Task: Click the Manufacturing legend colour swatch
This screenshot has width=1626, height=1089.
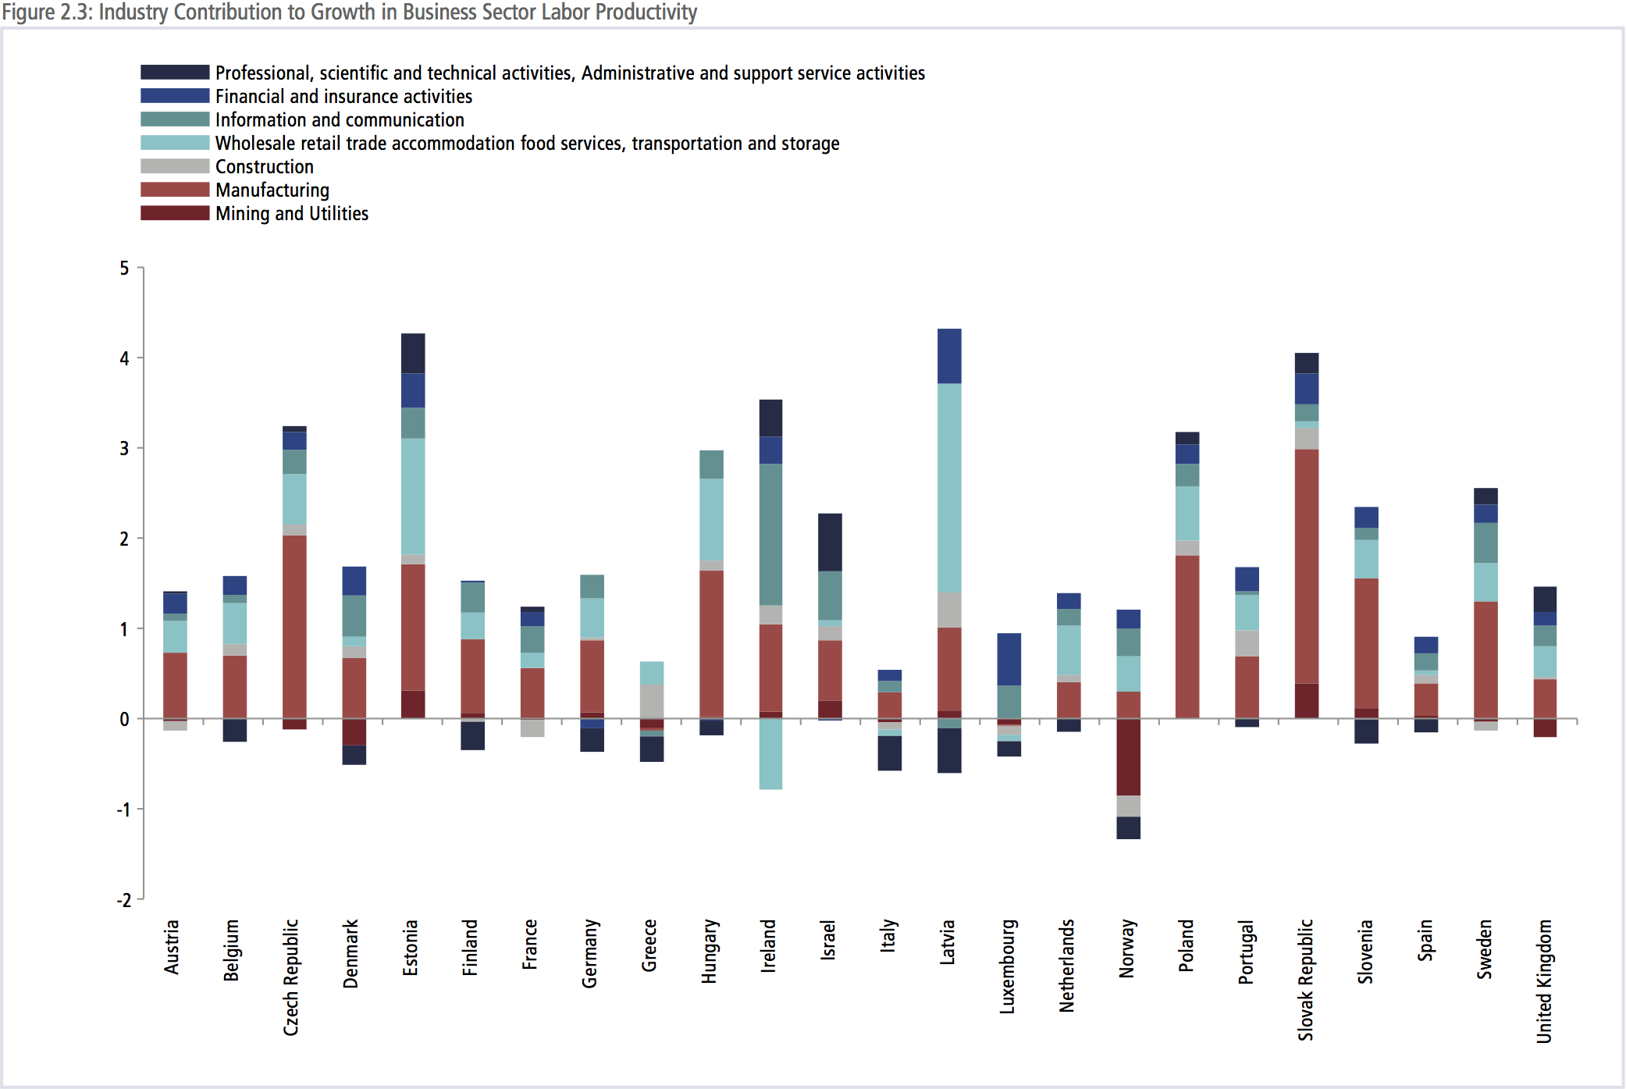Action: (x=175, y=190)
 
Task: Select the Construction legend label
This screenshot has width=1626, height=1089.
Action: (x=264, y=167)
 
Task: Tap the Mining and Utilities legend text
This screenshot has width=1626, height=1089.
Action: (x=291, y=214)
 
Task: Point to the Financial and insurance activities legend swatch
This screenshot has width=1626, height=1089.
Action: (x=175, y=96)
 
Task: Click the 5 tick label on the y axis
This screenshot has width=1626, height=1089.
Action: (x=124, y=269)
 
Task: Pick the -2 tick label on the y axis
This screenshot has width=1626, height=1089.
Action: (x=123, y=900)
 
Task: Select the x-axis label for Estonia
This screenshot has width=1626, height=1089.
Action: (x=411, y=948)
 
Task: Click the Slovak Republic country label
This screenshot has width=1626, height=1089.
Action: (x=1306, y=980)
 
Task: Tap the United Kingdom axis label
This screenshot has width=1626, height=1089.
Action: (x=1544, y=980)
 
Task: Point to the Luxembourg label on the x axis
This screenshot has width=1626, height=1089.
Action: (x=1008, y=966)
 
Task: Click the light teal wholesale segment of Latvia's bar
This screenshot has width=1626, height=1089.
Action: (x=949, y=488)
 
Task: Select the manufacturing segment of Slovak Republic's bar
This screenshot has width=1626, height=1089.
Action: (x=1307, y=566)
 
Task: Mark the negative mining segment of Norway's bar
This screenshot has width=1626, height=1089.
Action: (x=1128, y=756)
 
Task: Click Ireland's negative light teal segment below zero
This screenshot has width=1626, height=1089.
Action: (x=770, y=753)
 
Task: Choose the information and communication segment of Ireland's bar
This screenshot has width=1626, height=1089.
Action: (x=770, y=534)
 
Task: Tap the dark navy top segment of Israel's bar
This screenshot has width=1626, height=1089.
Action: (x=830, y=542)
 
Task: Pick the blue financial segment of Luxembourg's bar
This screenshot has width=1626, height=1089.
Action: (x=1009, y=659)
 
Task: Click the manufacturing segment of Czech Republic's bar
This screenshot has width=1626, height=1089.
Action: (x=294, y=626)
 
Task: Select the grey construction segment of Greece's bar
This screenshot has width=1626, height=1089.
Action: (x=652, y=701)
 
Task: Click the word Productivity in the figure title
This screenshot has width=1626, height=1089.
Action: (x=646, y=12)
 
